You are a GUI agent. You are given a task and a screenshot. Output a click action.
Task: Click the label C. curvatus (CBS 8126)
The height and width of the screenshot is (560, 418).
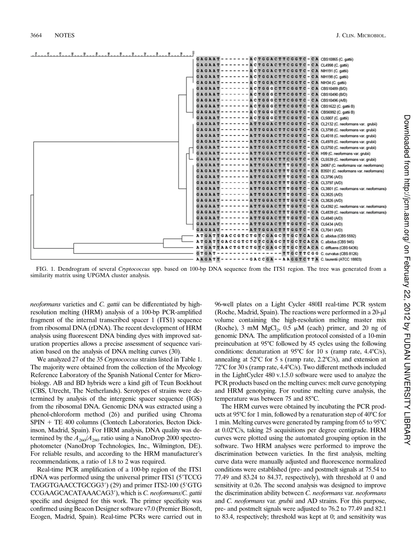point(339,254)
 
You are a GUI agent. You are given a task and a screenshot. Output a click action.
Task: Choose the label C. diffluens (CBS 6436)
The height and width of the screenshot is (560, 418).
point(341,248)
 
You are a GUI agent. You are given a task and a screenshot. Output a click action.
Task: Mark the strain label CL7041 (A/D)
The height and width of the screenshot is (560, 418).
point(332,230)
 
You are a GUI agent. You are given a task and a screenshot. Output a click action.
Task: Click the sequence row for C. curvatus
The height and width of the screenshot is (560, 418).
point(257,254)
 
